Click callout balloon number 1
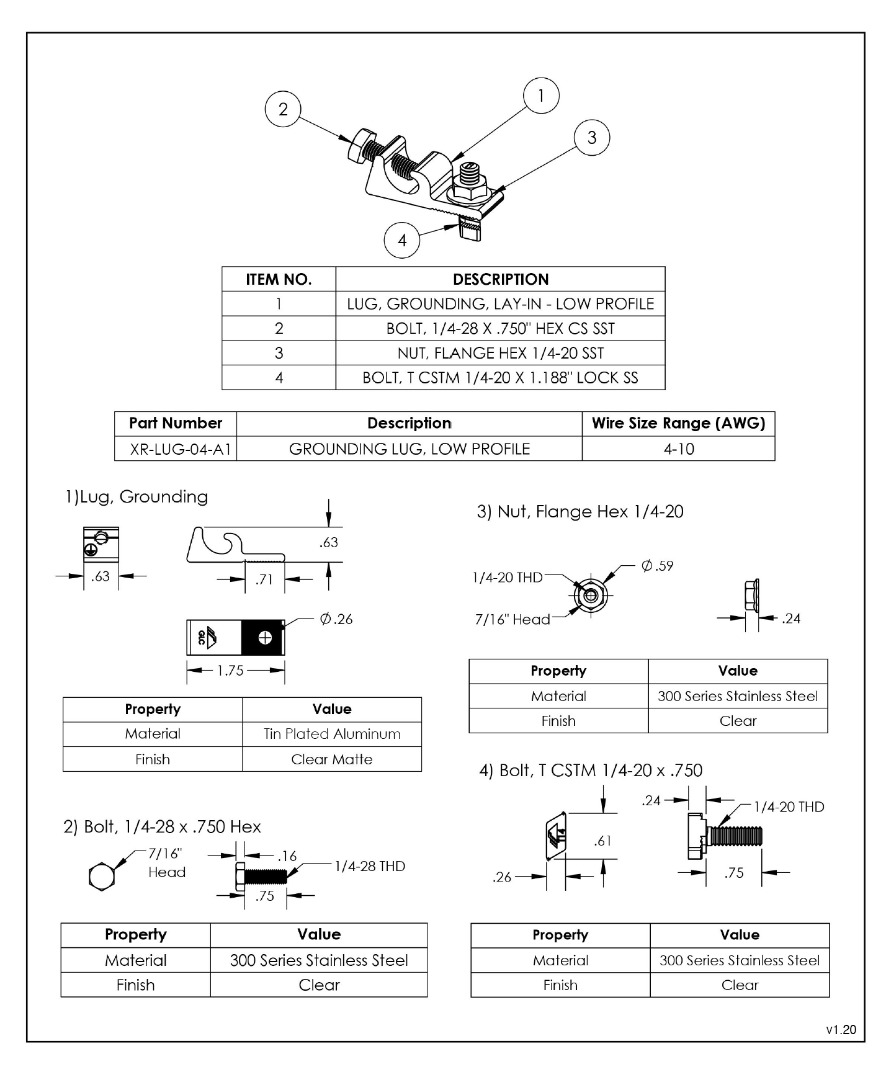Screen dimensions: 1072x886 point(541,96)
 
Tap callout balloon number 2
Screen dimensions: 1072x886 point(283,110)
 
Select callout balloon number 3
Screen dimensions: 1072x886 point(591,138)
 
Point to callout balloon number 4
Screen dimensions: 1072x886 point(402,240)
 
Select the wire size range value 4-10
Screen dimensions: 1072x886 point(678,449)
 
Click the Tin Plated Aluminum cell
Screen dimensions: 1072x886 point(332,734)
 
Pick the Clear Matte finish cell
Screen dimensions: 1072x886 point(332,759)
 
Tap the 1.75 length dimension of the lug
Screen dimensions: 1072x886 point(230,671)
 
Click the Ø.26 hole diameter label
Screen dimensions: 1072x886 point(336,619)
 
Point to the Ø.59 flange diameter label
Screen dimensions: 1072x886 point(657,566)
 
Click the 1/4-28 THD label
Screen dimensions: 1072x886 point(370,866)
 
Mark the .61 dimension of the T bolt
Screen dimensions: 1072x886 point(602,841)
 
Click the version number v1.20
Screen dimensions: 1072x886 point(841,1030)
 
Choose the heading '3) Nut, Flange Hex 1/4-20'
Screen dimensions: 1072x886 point(580,512)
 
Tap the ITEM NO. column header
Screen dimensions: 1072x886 point(279,280)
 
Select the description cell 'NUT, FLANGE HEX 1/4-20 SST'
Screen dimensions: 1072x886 point(500,353)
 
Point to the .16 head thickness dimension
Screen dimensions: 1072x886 point(287,857)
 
